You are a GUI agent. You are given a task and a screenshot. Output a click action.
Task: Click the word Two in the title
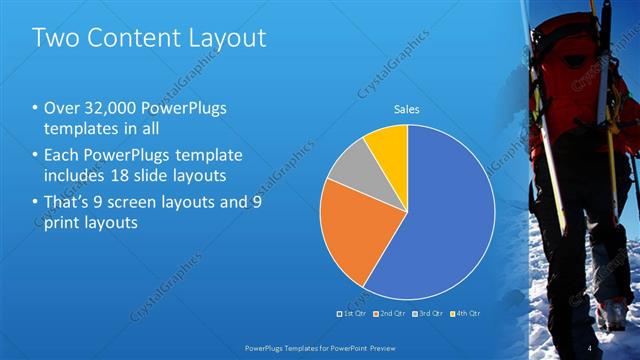tap(53, 38)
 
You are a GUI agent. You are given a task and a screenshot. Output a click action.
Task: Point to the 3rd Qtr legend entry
tap(428, 314)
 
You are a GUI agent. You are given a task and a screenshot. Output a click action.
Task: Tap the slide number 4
tap(589, 348)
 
